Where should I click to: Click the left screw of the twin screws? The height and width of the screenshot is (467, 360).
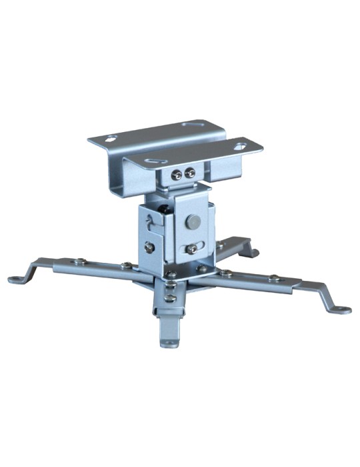tap(178, 174)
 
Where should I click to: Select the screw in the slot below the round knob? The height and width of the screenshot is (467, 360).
tap(191, 249)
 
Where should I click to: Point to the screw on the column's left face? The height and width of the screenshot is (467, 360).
tap(150, 247)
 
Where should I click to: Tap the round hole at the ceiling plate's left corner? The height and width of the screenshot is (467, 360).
tap(111, 139)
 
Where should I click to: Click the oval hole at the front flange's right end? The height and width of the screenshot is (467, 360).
tap(239, 142)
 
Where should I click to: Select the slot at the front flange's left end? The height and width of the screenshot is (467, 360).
tap(153, 161)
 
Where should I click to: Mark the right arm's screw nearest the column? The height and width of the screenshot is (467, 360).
tap(227, 273)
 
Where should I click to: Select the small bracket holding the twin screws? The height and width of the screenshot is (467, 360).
tap(183, 175)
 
